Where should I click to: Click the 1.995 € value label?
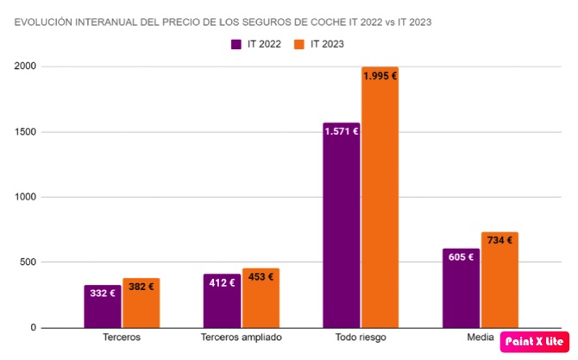tap(380, 76)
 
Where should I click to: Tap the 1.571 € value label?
tap(342, 131)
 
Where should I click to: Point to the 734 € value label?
tap(499, 240)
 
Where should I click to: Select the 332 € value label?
tap(103, 293)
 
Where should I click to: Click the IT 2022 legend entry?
tap(257, 43)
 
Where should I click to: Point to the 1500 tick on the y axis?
tap(24, 132)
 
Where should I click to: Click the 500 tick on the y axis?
tap(27, 262)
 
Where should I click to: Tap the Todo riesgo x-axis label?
tap(361, 338)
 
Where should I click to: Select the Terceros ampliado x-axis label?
tap(242, 338)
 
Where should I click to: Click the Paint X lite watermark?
tap(534, 341)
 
